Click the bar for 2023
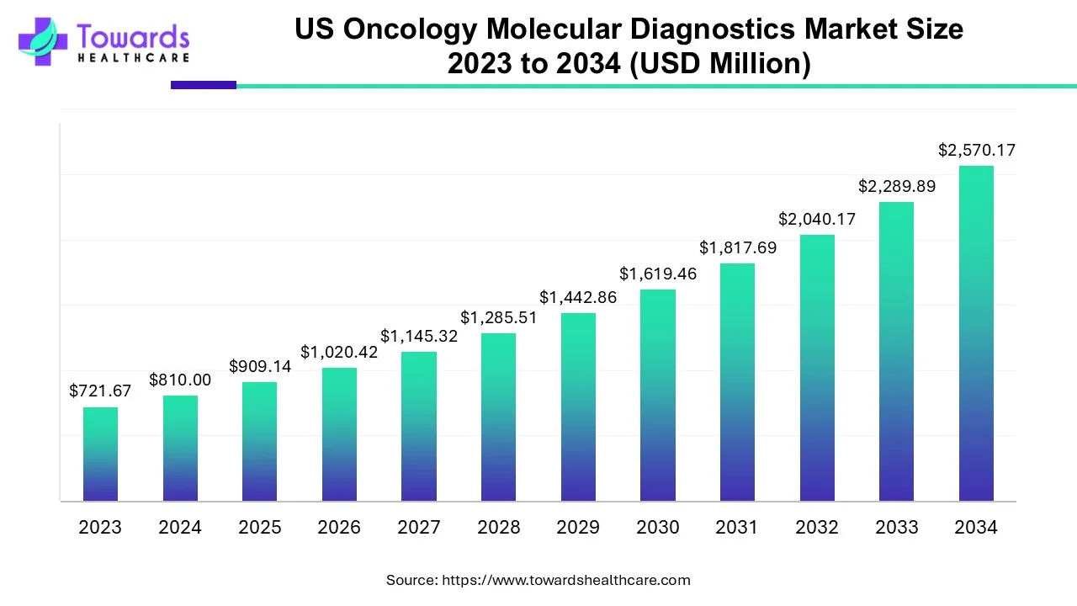coord(100,454)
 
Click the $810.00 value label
coord(180,380)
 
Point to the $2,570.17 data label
coord(977,151)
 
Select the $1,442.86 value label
coord(578,297)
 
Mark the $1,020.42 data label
coord(339,352)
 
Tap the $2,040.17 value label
coord(817,219)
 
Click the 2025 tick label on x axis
coord(260,528)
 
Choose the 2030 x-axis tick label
coord(658,528)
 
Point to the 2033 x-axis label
coord(897,528)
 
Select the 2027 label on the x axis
coord(419,528)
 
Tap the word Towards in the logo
coord(133,36)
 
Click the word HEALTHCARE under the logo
coord(133,58)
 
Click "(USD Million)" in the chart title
coord(722,64)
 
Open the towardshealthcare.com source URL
coord(566,580)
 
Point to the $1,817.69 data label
coord(738,247)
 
